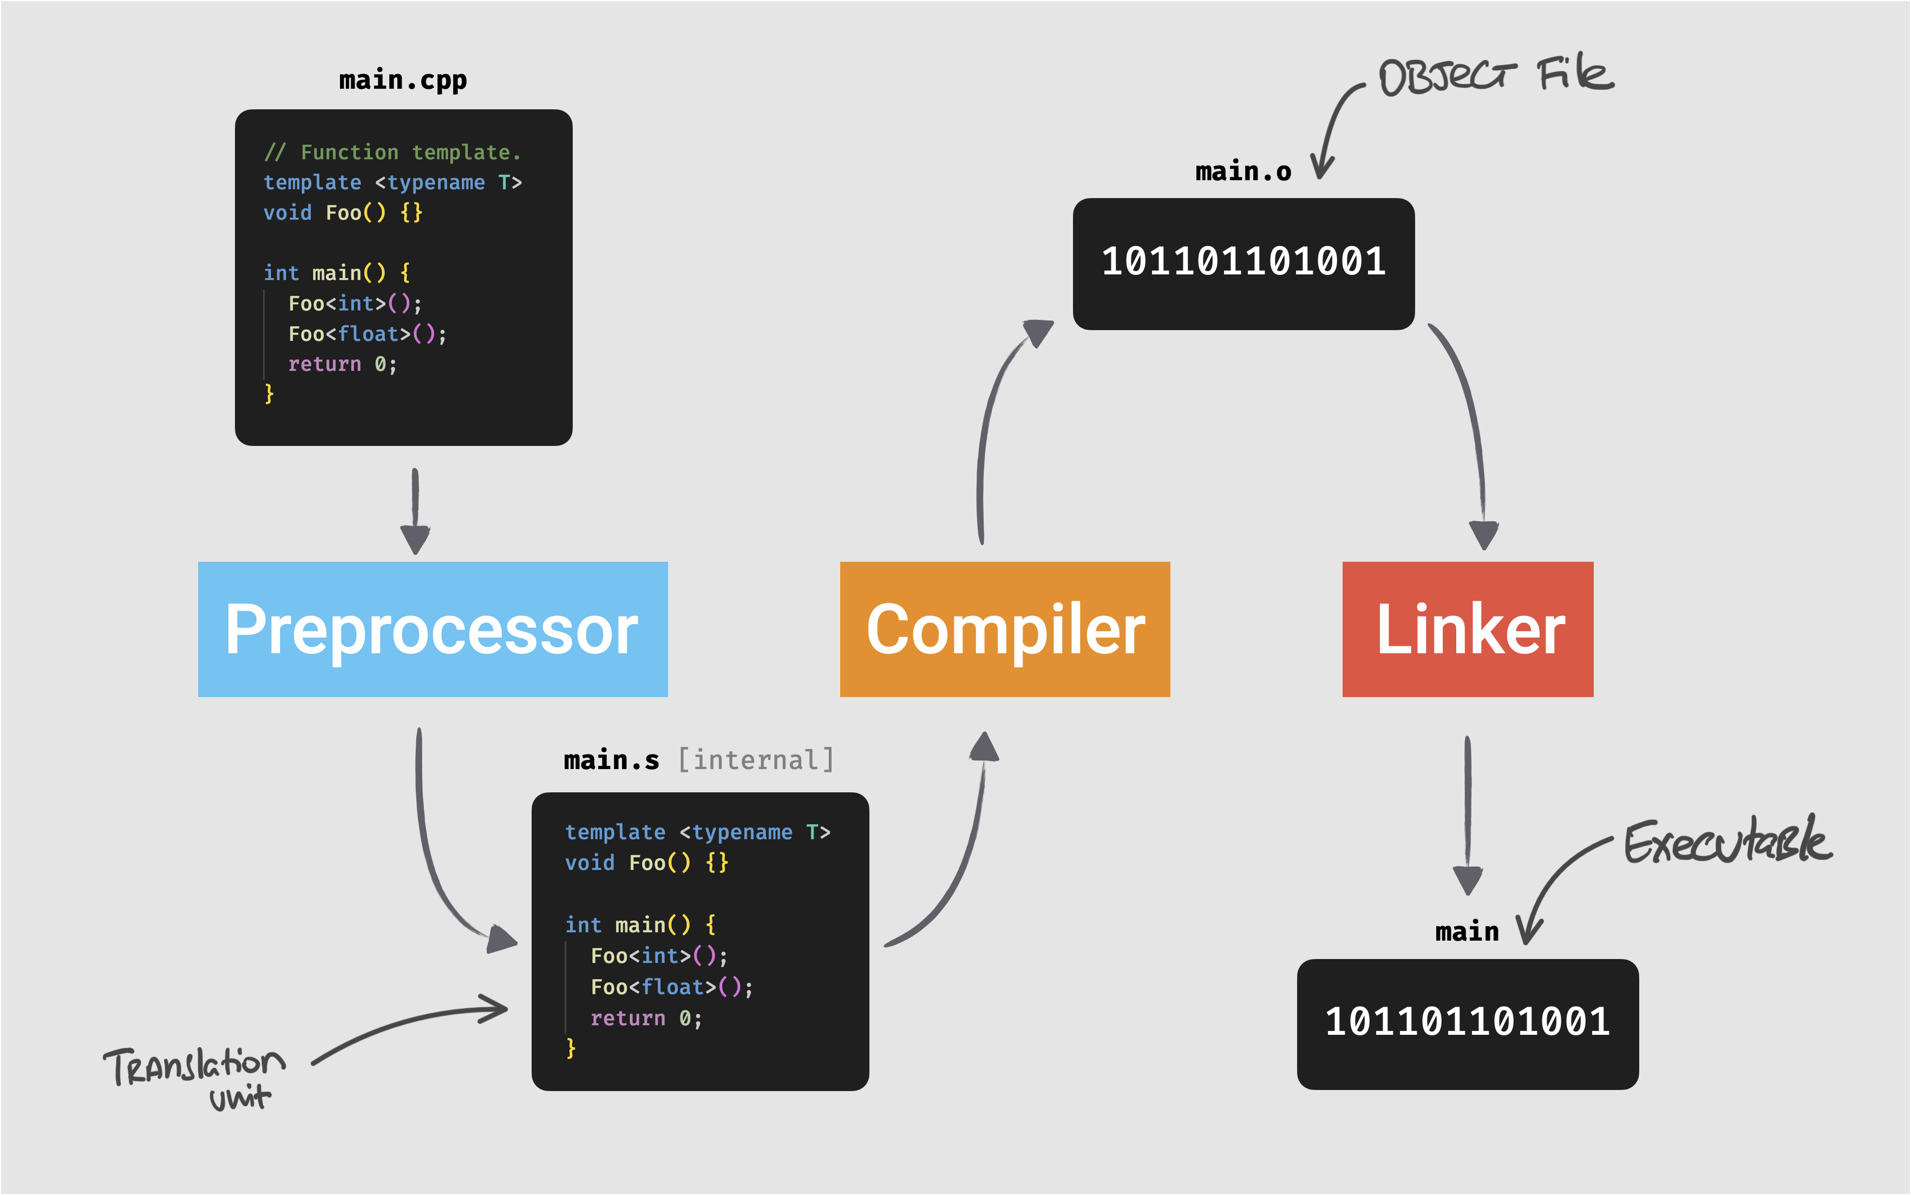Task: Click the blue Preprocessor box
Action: pyautogui.click(x=433, y=629)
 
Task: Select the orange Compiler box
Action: pyautogui.click(x=1005, y=629)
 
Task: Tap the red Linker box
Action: pyautogui.click(x=1468, y=629)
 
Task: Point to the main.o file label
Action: pyautogui.click(x=1243, y=172)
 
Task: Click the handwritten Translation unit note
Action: pyautogui.click(x=194, y=1075)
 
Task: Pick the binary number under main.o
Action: pyautogui.click(x=1243, y=261)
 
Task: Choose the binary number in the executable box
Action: pyautogui.click(x=1468, y=1022)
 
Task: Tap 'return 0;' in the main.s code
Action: pyautogui.click(x=646, y=1018)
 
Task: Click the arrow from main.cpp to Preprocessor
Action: pyautogui.click(x=415, y=510)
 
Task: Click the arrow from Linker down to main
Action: pyautogui.click(x=1468, y=814)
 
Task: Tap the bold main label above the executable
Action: pyautogui.click(x=1467, y=933)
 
